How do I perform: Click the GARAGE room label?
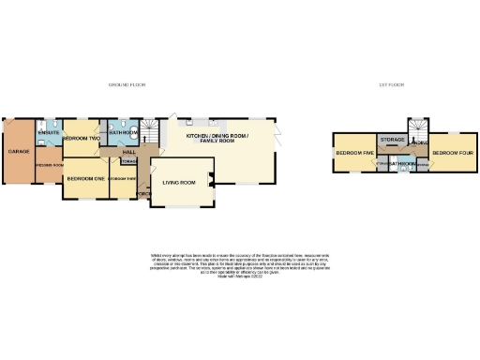tap(17, 151)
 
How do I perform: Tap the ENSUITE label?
tap(49, 133)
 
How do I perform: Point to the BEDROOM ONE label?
tap(85, 177)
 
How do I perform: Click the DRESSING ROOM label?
tap(49, 164)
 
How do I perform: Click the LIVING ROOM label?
tap(178, 182)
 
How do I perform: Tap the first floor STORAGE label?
tap(393, 140)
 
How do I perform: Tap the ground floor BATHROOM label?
tap(124, 133)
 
